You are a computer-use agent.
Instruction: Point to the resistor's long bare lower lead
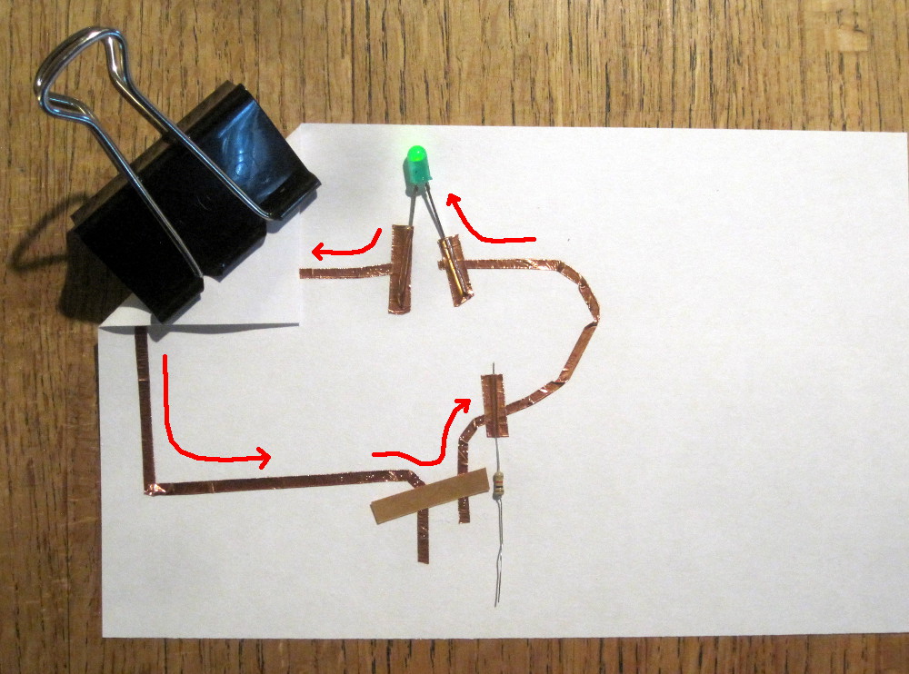pos(500,554)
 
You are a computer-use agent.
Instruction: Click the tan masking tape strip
pos(430,498)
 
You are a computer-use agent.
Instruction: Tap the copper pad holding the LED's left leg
pos(400,269)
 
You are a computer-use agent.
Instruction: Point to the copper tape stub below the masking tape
pos(423,540)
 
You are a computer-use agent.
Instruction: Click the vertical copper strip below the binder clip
pos(143,400)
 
